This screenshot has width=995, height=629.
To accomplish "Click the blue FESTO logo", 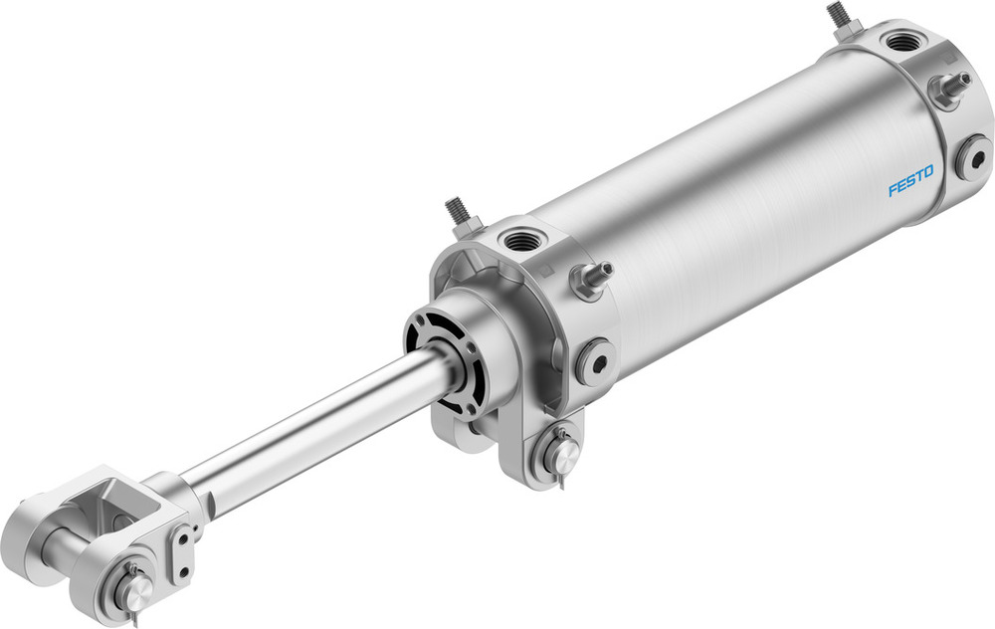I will [910, 182].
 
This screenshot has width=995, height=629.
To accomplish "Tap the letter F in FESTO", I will [893, 190].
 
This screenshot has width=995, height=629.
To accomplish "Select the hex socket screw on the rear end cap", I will [972, 157].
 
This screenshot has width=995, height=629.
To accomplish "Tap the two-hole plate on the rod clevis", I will [182, 552].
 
